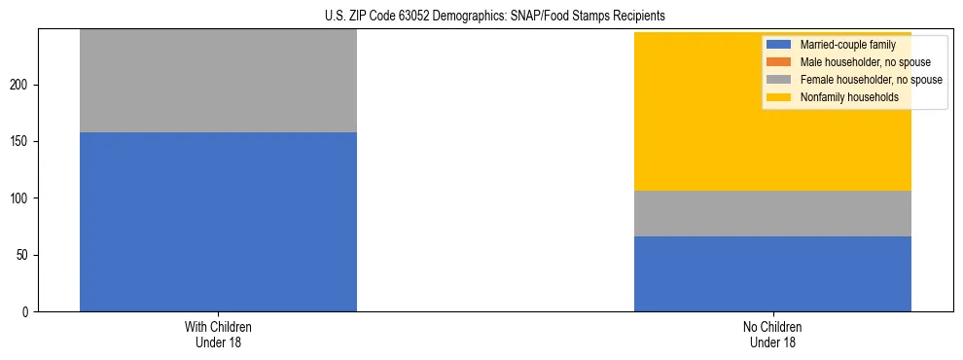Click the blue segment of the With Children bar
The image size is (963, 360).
[x=218, y=222]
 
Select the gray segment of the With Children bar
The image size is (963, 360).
[x=218, y=81]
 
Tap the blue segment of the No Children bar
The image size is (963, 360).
[x=772, y=273]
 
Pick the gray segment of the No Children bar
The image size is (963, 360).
[x=772, y=213]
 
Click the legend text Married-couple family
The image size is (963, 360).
[x=847, y=45]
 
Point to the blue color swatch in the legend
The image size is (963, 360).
[x=779, y=45]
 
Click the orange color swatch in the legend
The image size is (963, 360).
[x=779, y=62]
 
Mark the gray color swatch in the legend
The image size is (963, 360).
[x=779, y=80]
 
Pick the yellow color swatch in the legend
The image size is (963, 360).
[x=779, y=97]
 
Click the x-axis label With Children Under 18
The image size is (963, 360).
[x=218, y=334]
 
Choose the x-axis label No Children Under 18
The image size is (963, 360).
[x=772, y=334]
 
